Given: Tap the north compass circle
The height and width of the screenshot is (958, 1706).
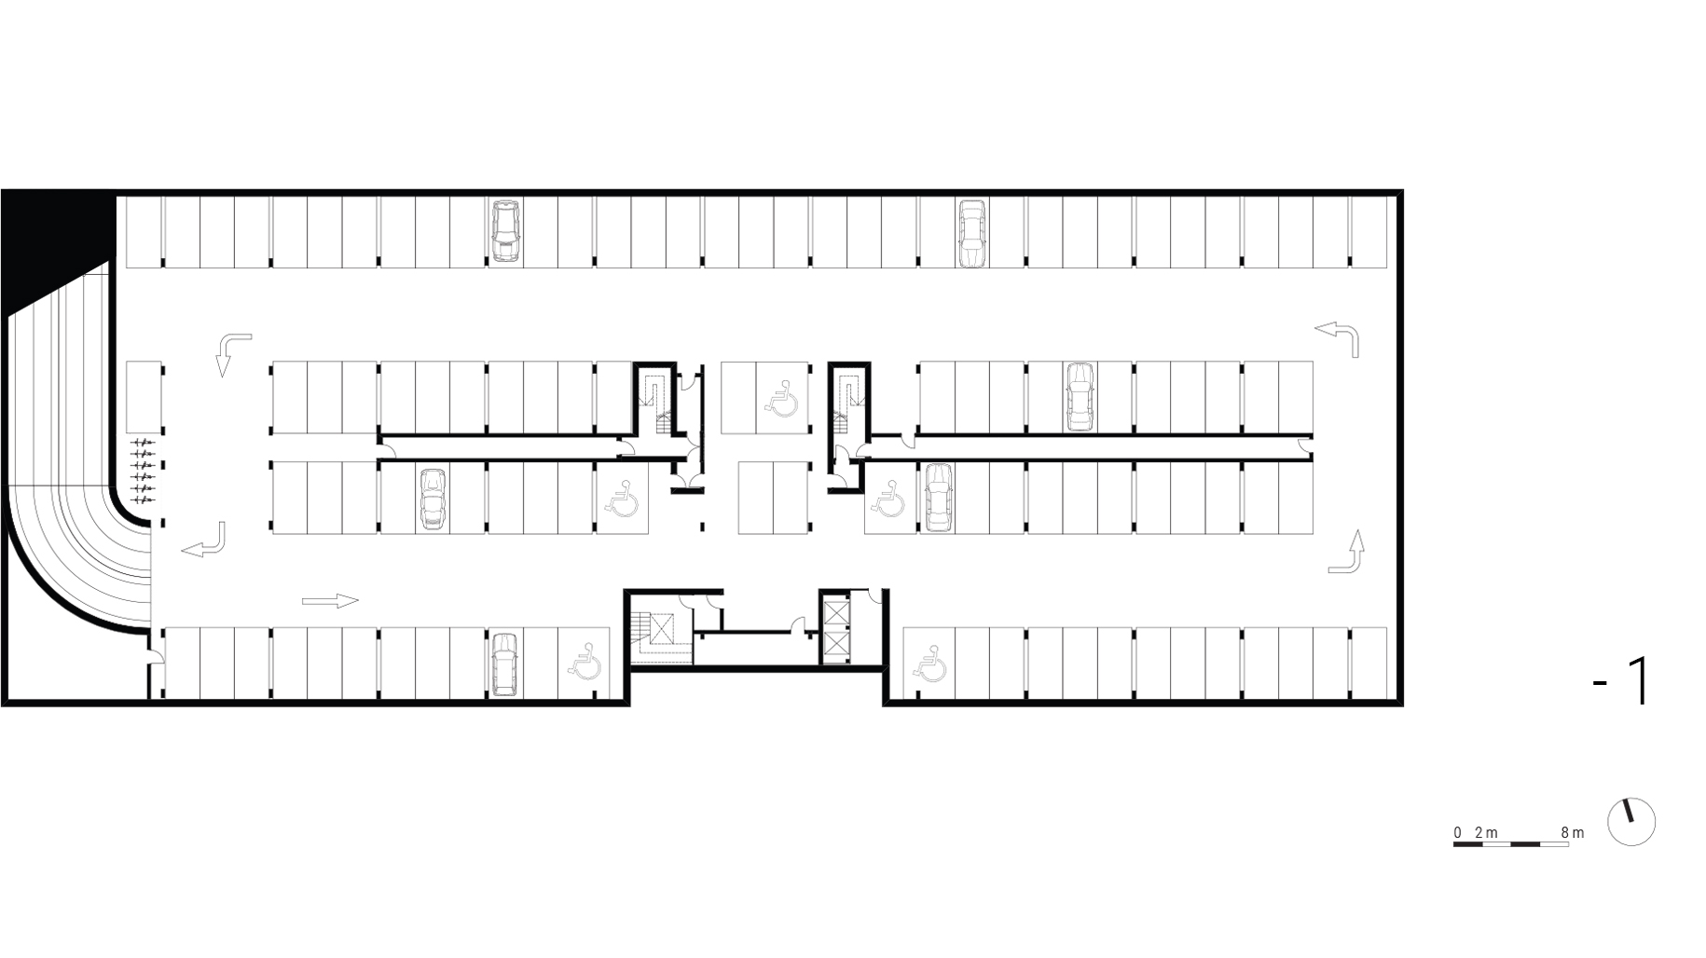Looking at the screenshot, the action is click(x=1631, y=822).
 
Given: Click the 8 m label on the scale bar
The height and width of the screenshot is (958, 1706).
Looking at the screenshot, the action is click(x=1573, y=832).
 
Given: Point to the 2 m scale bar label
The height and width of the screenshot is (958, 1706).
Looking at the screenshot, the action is click(x=1487, y=832).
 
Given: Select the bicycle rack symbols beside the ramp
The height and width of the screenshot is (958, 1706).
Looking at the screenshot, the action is click(x=142, y=471).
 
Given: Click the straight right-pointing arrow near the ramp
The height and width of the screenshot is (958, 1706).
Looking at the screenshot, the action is click(x=330, y=601).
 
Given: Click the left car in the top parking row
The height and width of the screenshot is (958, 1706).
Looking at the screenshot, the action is click(x=504, y=231).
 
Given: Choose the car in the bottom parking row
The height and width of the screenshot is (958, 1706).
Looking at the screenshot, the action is click(x=503, y=664).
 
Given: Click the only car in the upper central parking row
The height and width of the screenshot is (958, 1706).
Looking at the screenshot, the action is click(x=1080, y=397).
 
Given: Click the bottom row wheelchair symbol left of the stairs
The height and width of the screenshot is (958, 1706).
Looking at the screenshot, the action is click(x=584, y=660).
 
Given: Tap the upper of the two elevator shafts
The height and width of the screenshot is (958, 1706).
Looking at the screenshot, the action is click(x=835, y=614).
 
